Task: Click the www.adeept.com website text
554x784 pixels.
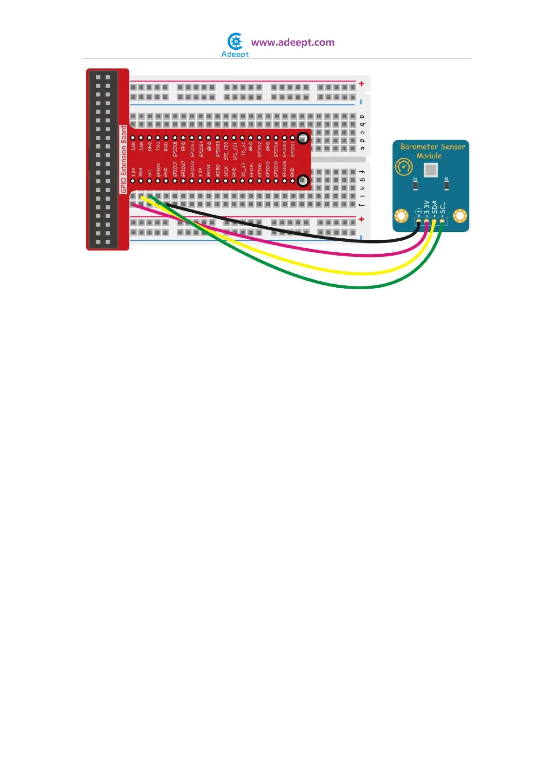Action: click(x=293, y=42)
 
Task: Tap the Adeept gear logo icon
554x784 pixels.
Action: click(x=235, y=41)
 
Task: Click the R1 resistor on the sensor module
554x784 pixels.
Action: click(x=447, y=186)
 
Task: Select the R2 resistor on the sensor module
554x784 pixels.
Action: click(x=415, y=186)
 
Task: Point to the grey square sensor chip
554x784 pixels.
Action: click(x=431, y=170)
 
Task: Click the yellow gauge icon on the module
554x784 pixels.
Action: click(x=403, y=167)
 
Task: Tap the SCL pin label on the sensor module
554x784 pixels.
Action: click(x=443, y=208)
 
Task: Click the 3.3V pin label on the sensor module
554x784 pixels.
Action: click(x=427, y=208)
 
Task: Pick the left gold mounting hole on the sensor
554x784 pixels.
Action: click(x=401, y=216)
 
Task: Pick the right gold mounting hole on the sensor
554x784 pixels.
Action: click(x=460, y=216)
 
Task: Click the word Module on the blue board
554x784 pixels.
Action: click(x=429, y=156)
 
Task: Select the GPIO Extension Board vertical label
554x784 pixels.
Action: click(x=123, y=159)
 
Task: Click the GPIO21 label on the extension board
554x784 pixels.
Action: click(x=293, y=149)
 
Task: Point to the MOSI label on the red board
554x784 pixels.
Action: click(x=209, y=170)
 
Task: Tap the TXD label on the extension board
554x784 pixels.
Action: click(x=158, y=147)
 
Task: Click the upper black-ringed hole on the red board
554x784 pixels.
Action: click(x=303, y=138)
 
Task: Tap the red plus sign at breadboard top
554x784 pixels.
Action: click(x=361, y=84)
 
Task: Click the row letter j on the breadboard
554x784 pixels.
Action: click(x=362, y=204)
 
